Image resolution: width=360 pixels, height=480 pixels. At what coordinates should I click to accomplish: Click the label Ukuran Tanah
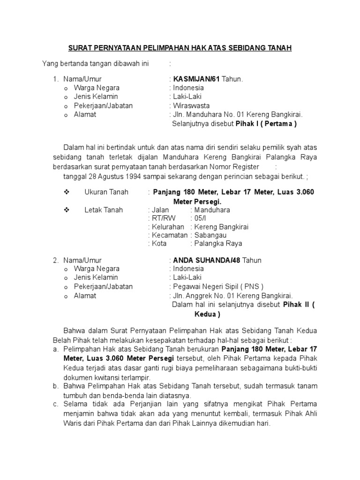[x=106, y=192]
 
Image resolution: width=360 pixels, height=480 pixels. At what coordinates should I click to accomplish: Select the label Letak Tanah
[x=104, y=210]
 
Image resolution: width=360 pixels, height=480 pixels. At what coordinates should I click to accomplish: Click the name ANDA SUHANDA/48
[x=205, y=260]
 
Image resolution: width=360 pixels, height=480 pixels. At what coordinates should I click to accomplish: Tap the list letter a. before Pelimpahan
[x=55, y=349]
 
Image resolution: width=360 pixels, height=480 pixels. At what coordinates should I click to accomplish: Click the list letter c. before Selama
[x=55, y=404]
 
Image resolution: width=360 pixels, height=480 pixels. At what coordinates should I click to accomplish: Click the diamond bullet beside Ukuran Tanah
[x=66, y=192]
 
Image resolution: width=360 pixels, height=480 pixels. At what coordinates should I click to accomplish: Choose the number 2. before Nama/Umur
[x=55, y=260]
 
